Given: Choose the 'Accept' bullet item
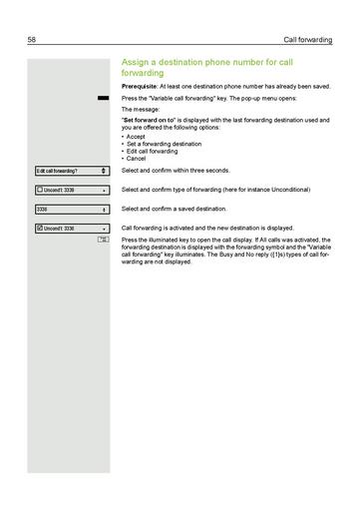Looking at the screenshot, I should tap(139, 137).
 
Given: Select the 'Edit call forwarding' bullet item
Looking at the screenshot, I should tap(152, 151).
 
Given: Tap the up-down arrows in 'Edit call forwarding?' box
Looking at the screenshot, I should tap(104, 171).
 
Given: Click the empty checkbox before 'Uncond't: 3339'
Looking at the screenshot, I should tap(39, 190).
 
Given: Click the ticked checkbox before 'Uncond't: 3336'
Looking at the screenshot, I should tap(39, 229).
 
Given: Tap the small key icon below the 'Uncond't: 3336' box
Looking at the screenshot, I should tap(103, 241).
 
